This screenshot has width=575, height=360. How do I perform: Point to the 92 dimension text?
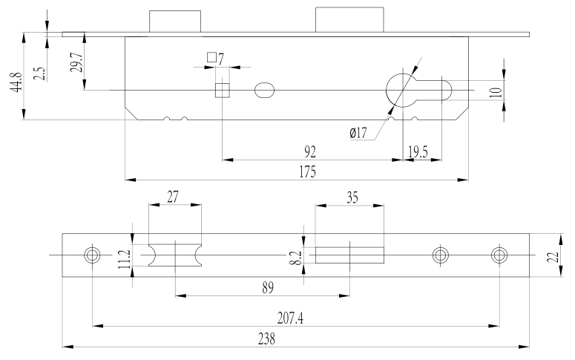pos(311,151)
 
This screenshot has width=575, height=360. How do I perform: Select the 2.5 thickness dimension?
pos(39,73)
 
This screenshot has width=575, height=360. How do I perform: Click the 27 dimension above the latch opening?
pos(173,197)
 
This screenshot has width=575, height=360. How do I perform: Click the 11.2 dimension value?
pos(125,261)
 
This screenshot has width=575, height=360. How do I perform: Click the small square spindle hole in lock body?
pos(221,91)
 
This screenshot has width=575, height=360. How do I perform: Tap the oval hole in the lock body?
pos(264,91)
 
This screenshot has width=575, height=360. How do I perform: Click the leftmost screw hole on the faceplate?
pos(93,255)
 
